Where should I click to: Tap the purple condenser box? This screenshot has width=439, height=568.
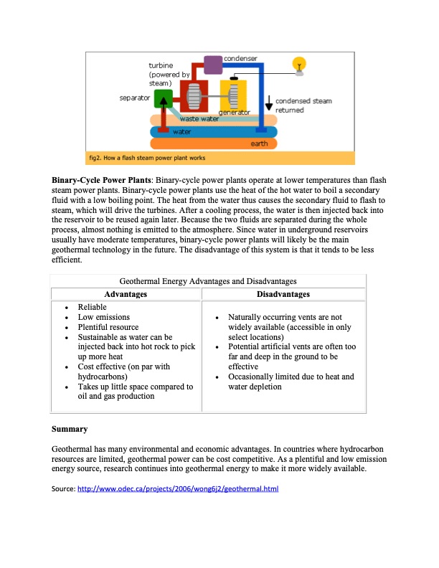coord(213,65)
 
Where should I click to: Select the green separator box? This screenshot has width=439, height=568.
coord(164,98)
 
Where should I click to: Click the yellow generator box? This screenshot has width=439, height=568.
coord(234,95)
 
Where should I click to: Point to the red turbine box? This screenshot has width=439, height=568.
coord(192,96)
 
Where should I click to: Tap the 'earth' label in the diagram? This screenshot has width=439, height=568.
coord(259,143)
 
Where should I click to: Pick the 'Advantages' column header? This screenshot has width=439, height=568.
coord(126,294)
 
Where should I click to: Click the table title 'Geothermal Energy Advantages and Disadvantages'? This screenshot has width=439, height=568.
coord(207,281)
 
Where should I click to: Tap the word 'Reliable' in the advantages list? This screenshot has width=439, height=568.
coord(92,307)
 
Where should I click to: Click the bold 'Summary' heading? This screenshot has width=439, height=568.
coord(70,430)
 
